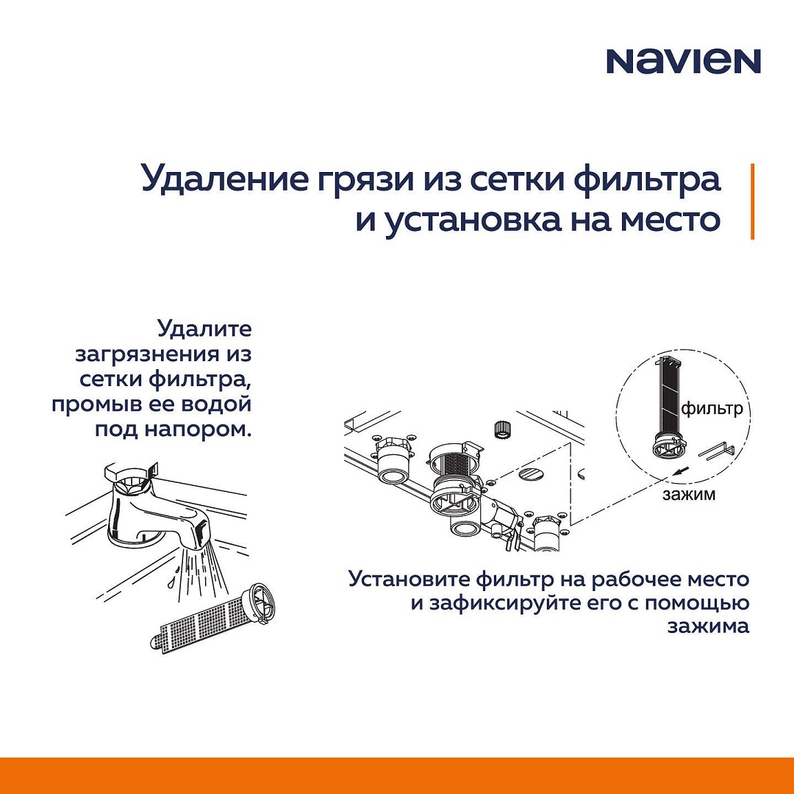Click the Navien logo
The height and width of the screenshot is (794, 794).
click(684, 61)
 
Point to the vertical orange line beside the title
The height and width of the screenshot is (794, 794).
click(753, 201)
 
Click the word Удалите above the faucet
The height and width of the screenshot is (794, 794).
click(204, 329)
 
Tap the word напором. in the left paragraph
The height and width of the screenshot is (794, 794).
click(198, 429)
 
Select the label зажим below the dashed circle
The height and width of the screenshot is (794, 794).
click(689, 494)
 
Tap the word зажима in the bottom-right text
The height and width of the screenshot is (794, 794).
click(708, 626)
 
